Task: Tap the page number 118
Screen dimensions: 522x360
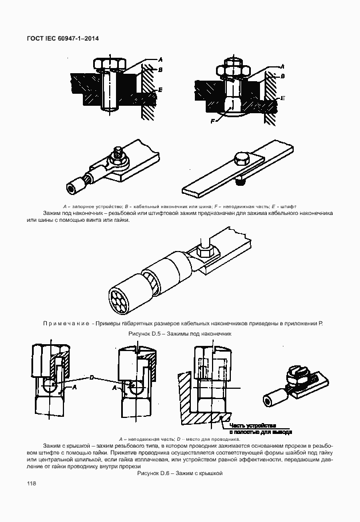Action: coord(31,484)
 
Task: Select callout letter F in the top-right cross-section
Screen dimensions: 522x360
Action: coord(213,121)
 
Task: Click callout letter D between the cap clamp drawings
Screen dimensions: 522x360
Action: coord(91,377)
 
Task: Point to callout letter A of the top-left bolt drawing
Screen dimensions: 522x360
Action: coord(160,59)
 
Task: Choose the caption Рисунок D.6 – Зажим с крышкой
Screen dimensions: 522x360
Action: coord(179,473)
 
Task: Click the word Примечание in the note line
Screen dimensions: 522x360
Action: coord(67,324)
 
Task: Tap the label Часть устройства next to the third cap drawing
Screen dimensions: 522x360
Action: coord(253,425)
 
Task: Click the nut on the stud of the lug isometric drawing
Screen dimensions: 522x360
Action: coord(118,153)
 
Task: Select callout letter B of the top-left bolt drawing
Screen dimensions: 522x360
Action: coord(161,70)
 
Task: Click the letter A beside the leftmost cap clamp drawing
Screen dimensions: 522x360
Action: coord(74,387)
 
